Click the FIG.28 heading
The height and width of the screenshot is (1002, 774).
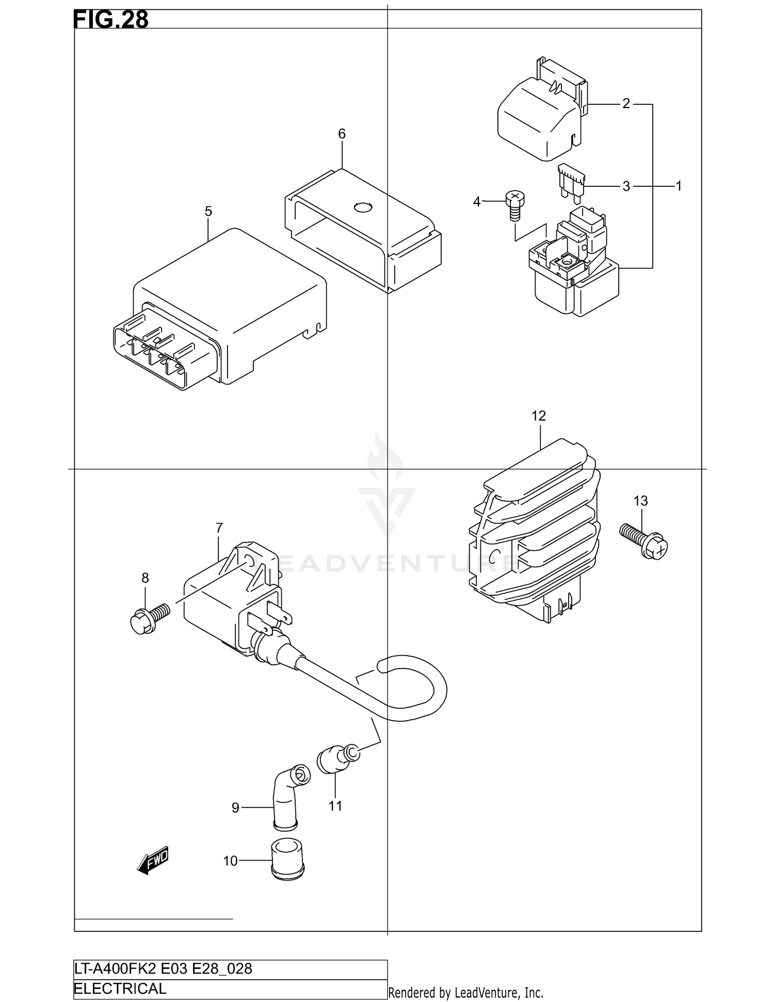pyautogui.click(x=111, y=20)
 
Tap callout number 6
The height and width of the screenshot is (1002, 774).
pyautogui.click(x=342, y=134)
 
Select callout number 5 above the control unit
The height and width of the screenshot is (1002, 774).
pyautogui.click(x=208, y=211)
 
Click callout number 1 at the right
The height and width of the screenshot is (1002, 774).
pyautogui.click(x=679, y=186)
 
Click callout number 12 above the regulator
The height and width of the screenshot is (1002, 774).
pyautogui.click(x=538, y=416)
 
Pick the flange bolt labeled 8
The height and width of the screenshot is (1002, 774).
pyautogui.click(x=149, y=617)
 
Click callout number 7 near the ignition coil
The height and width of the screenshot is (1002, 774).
pyautogui.click(x=219, y=528)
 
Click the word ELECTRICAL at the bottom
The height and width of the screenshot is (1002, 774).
pyautogui.click(x=120, y=989)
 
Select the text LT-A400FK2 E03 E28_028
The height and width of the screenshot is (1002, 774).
pyautogui.click(x=163, y=968)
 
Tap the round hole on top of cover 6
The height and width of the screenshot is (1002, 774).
pyautogui.click(x=362, y=208)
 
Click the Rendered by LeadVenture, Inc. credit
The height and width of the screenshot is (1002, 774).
pyautogui.click(x=465, y=992)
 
